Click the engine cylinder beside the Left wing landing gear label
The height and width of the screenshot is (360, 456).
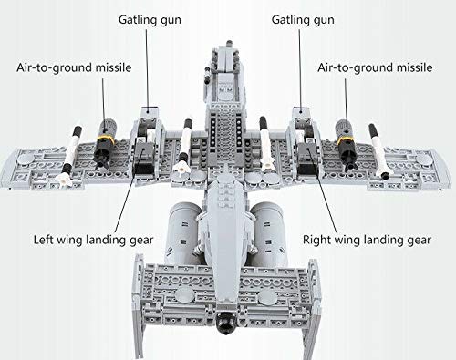coord(186,222)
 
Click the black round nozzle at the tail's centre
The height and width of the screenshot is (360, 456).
coord(225,320)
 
